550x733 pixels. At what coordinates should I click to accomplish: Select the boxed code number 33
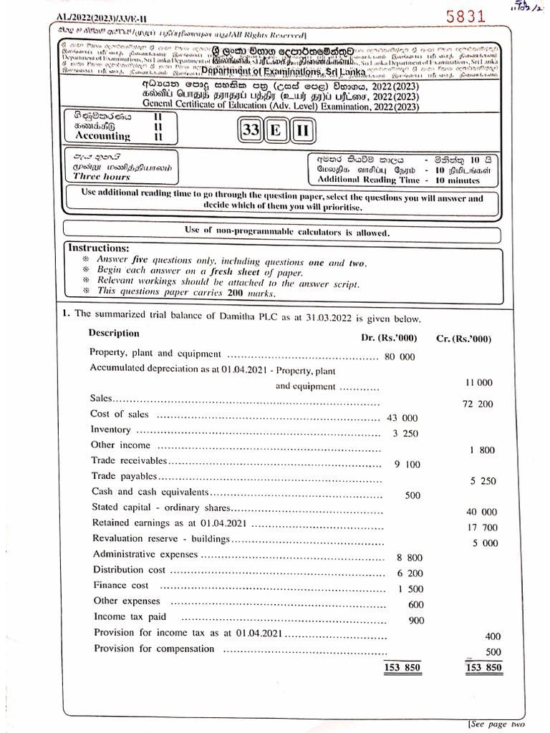coord(251,130)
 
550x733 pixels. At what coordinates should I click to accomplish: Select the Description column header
coord(114,333)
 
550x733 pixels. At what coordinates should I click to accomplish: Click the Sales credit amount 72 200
coord(478,404)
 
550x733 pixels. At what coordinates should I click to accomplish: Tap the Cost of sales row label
coord(120,414)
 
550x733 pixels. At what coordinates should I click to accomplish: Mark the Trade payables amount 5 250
coord(483,481)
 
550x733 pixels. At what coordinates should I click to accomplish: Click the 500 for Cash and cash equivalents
coord(412,495)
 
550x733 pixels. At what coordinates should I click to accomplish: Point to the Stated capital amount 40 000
coord(481,512)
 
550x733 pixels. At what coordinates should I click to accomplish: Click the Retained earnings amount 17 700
coord(481,528)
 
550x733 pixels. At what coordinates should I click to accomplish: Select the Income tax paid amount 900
coord(416,621)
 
